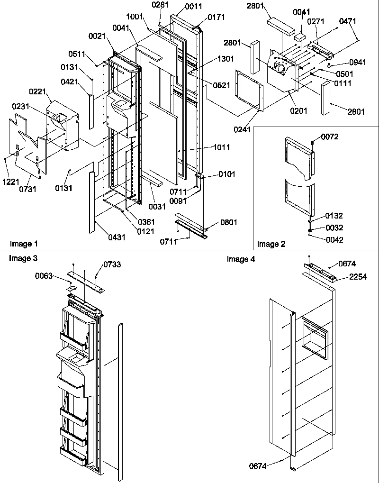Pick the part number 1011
tap(222, 147)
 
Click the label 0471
tap(348, 21)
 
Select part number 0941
tap(357, 62)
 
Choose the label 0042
tap(334, 239)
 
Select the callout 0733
tap(112, 264)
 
